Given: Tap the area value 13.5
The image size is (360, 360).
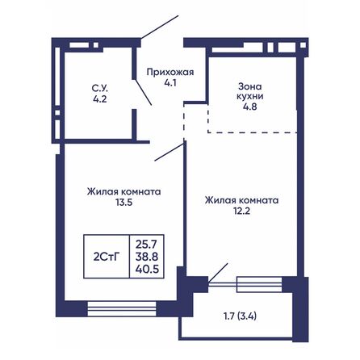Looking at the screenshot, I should tap(124, 203).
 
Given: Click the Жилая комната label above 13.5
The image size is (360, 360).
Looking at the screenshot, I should tap(124, 192).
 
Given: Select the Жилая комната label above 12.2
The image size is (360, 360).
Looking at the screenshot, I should tap(241, 199).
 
